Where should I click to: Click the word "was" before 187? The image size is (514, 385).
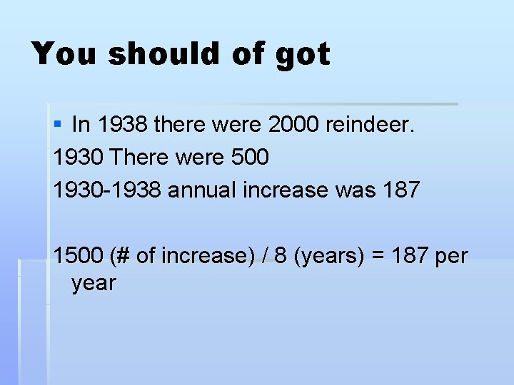(357, 190)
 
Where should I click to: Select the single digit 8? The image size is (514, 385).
(281, 255)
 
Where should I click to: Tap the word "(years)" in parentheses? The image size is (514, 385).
(330, 255)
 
